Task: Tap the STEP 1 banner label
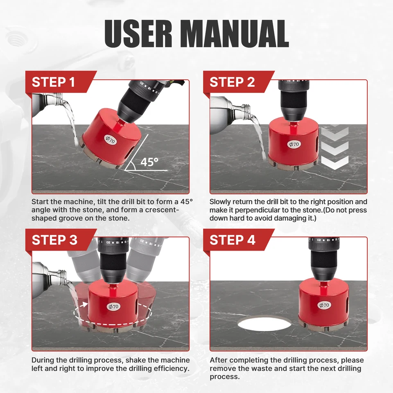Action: [53, 82]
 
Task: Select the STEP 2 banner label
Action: [232, 82]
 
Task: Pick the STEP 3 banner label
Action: [54, 240]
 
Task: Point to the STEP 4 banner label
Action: [233, 240]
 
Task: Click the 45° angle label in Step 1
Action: [149, 162]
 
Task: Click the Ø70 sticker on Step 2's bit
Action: [294, 144]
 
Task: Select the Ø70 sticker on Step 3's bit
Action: [113, 306]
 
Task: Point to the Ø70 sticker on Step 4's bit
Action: [324, 305]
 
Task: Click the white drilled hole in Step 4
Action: [264, 323]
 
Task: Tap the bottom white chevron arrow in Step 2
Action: [335, 163]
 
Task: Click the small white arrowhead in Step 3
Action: [85, 304]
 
